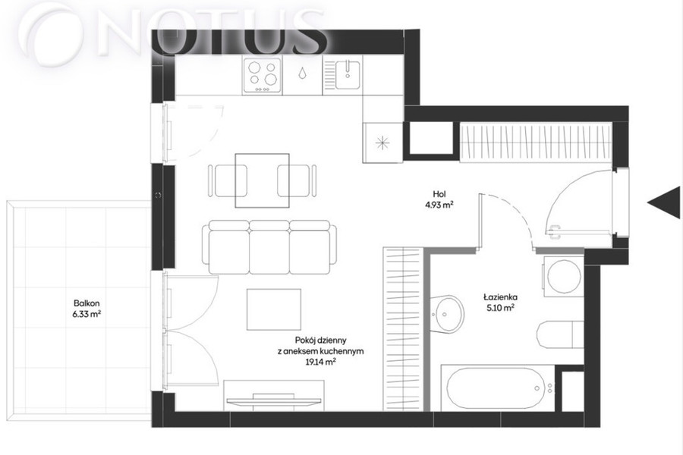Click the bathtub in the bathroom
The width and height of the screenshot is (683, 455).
(x=497, y=388)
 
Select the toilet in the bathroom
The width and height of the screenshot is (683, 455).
(x=560, y=334)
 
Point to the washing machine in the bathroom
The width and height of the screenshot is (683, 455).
(x=563, y=277)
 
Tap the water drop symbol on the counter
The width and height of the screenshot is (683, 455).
(x=302, y=74)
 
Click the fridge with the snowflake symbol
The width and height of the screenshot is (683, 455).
(x=382, y=142)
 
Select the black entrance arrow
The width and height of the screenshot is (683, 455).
(x=664, y=202)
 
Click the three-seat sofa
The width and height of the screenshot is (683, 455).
(x=269, y=247)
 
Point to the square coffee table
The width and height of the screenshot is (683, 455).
(x=274, y=309)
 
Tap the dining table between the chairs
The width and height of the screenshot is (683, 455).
(x=263, y=180)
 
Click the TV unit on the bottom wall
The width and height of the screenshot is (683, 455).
(x=274, y=395)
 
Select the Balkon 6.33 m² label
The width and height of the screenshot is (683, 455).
(x=87, y=309)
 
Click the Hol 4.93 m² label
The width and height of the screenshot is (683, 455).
(x=439, y=200)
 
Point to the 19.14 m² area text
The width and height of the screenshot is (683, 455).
(x=320, y=361)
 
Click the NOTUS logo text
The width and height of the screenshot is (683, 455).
(x=172, y=30)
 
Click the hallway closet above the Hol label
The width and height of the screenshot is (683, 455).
(x=537, y=142)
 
